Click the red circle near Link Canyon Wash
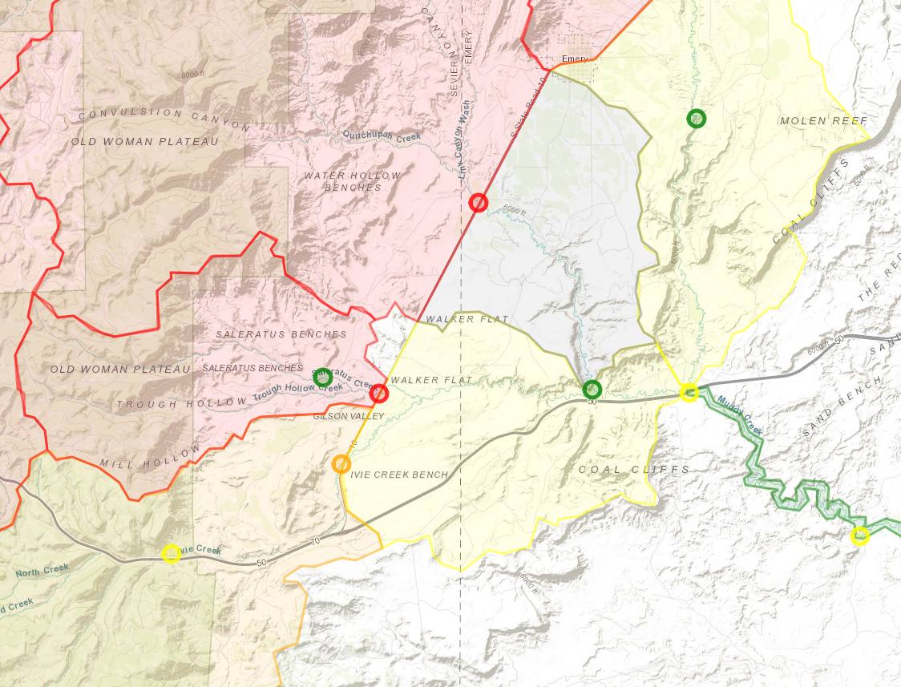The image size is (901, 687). pyautogui.click(x=478, y=202)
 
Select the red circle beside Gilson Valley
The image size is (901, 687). pyautogui.click(x=379, y=393)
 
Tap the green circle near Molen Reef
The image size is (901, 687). pyautogui.click(x=697, y=119)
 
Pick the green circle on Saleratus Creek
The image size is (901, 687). pyautogui.click(x=323, y=377)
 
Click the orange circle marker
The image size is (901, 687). pyautogui.click(x=341, y=463)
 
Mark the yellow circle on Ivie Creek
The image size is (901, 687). pyautogui.click(x=171, y=553)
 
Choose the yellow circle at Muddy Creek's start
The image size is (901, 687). pyautogui.click(x=689, y=392)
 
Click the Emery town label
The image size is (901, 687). pyautogui.click(x=575, y=59)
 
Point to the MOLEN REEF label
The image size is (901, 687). pyautogui.click(x=823, y=121)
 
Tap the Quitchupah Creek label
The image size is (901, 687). pyautogui.click(x=381, y=136)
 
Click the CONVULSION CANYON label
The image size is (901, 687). pyautogui.click(x=164, y=119)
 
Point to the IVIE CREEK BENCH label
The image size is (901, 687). pyautogui.click(x=400, y=475)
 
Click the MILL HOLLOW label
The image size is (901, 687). pyautogui.click(x=149, y=459)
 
